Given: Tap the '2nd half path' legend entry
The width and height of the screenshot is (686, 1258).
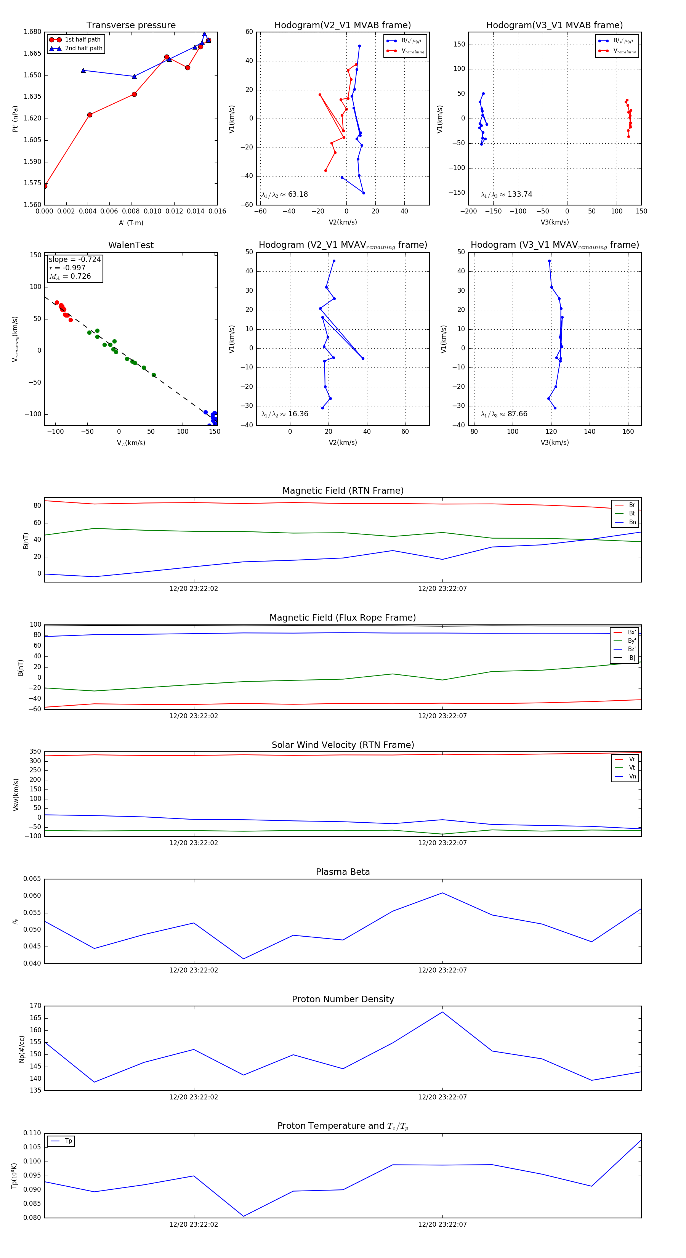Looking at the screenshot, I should coord(83,48).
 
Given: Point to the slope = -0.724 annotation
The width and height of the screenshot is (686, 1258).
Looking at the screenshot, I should coord(75,259).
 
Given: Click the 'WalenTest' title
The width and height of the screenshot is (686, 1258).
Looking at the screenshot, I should coord(131,245).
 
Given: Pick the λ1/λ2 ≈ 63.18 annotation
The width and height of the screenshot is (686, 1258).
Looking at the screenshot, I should coord(285,194).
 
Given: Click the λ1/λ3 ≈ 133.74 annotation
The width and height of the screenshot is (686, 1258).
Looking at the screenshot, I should coord(506,194).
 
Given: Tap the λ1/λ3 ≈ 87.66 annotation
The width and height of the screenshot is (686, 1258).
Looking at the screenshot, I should coord(504,414).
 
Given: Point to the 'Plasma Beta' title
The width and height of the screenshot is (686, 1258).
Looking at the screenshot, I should coord(343,872).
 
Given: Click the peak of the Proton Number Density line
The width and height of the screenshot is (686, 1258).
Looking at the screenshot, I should coord(442,1011).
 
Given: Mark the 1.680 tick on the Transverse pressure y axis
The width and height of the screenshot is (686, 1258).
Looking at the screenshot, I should coord(33,32).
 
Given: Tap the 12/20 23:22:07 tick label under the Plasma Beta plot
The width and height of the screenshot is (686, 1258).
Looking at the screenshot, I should coord(442,970).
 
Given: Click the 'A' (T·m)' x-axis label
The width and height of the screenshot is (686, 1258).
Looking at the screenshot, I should coord(131,223).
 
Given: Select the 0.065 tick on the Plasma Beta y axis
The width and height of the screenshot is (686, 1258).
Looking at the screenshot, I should coord(33,879).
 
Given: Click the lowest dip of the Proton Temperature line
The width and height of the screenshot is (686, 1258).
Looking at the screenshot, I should coord(244,1216).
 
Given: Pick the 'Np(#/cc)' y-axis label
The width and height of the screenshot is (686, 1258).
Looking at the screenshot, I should coord(21,1049).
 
